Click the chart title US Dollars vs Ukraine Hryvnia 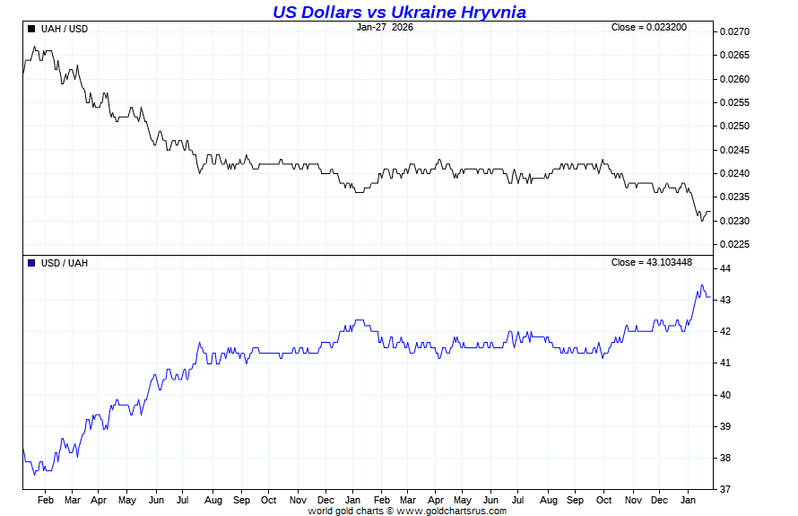pyautogui.click(x=399, y=12)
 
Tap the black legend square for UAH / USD pyautogui.click(x=32, y=29)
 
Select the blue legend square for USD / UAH pyautogui.click(x=32, y=263)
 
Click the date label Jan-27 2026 pyautogui.click(x=385, y=27)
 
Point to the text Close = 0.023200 pyautogui.click(x=649, y=27)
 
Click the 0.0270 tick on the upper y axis pyautogui.click(x=734, y=32)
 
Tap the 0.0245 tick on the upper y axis pyautogui.click(x=734, y=150)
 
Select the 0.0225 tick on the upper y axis pyautogui.click(x=734, y=244)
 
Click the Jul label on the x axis pyautogui.click(x=183, y=499)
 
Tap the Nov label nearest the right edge pyautogui.click(x=633, y=499)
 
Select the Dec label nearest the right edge pyautogui.click(x=659, y=499)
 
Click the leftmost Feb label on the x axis pyautogui.click(x=46, y=499)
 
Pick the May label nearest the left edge pyautogui.click(x=126, y=499)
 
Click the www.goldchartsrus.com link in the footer pyautogui.click(x=451, y=511)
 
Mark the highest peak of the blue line pyautogui.click(x=702, y=285)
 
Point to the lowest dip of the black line pyautogui.click(x=702, y=220)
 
